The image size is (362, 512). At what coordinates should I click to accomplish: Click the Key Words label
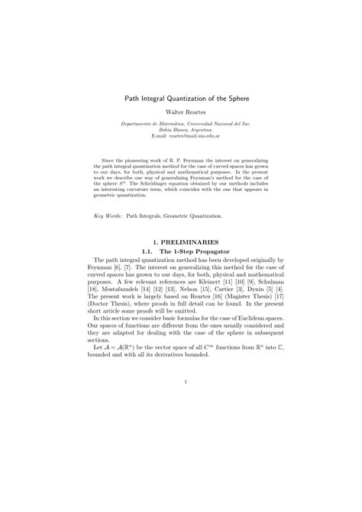point(109,216)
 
